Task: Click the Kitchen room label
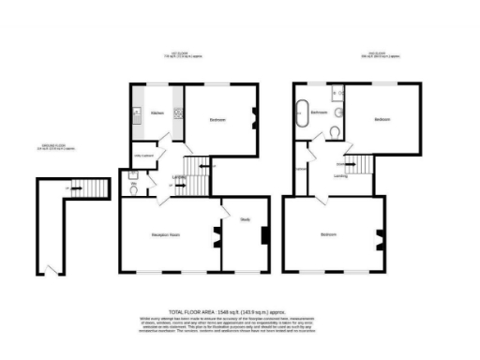(x=157, y=113)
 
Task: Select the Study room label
(x=245, y=219)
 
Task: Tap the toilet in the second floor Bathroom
(x=338, y=135)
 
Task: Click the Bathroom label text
(x=319, y=112)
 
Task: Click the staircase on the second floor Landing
(x=358, y=166)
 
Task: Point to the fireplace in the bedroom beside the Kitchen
(x=254, y=118)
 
